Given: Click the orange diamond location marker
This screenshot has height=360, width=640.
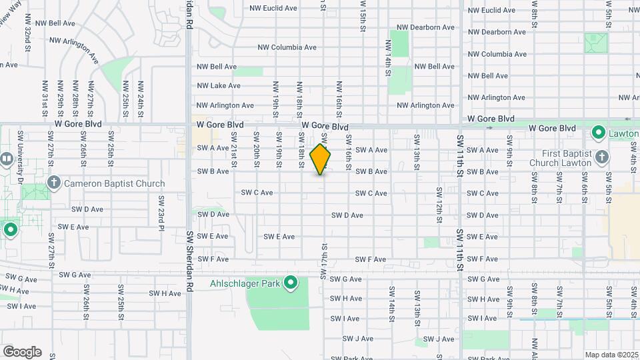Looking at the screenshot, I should [321, 159].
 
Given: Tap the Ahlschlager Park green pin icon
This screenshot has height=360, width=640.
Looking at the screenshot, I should [291, 283].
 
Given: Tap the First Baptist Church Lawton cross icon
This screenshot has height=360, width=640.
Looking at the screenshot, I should [602, 157].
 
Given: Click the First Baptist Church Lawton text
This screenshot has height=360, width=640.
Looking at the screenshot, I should [561, 157].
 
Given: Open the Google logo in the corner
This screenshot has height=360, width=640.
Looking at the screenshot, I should [22, 352].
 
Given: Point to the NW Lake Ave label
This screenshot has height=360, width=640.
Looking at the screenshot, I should [219, 85].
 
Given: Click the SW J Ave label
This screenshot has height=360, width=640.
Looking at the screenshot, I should [358, 339].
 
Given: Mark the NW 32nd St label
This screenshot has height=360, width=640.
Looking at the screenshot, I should [28, 33].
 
